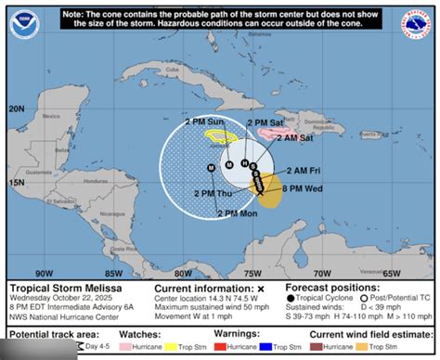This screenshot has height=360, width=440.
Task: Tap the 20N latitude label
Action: tap(17, 109)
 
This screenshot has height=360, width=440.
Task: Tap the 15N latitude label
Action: tap(17, 183)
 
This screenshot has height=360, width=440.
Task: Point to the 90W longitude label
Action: tap(43, 273)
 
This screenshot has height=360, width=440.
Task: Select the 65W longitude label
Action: tap(390, 273)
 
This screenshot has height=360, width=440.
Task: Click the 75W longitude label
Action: tap(251, 273)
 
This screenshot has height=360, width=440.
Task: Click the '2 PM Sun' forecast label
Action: tap(205, 122)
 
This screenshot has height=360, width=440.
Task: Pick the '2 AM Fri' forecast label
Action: tap(304, 171)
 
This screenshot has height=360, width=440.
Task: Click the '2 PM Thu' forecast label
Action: tap(214, 192)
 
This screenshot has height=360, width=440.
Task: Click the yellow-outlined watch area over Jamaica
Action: tap(221, 135)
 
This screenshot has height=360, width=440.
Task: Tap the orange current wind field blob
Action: tap(269, 192)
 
